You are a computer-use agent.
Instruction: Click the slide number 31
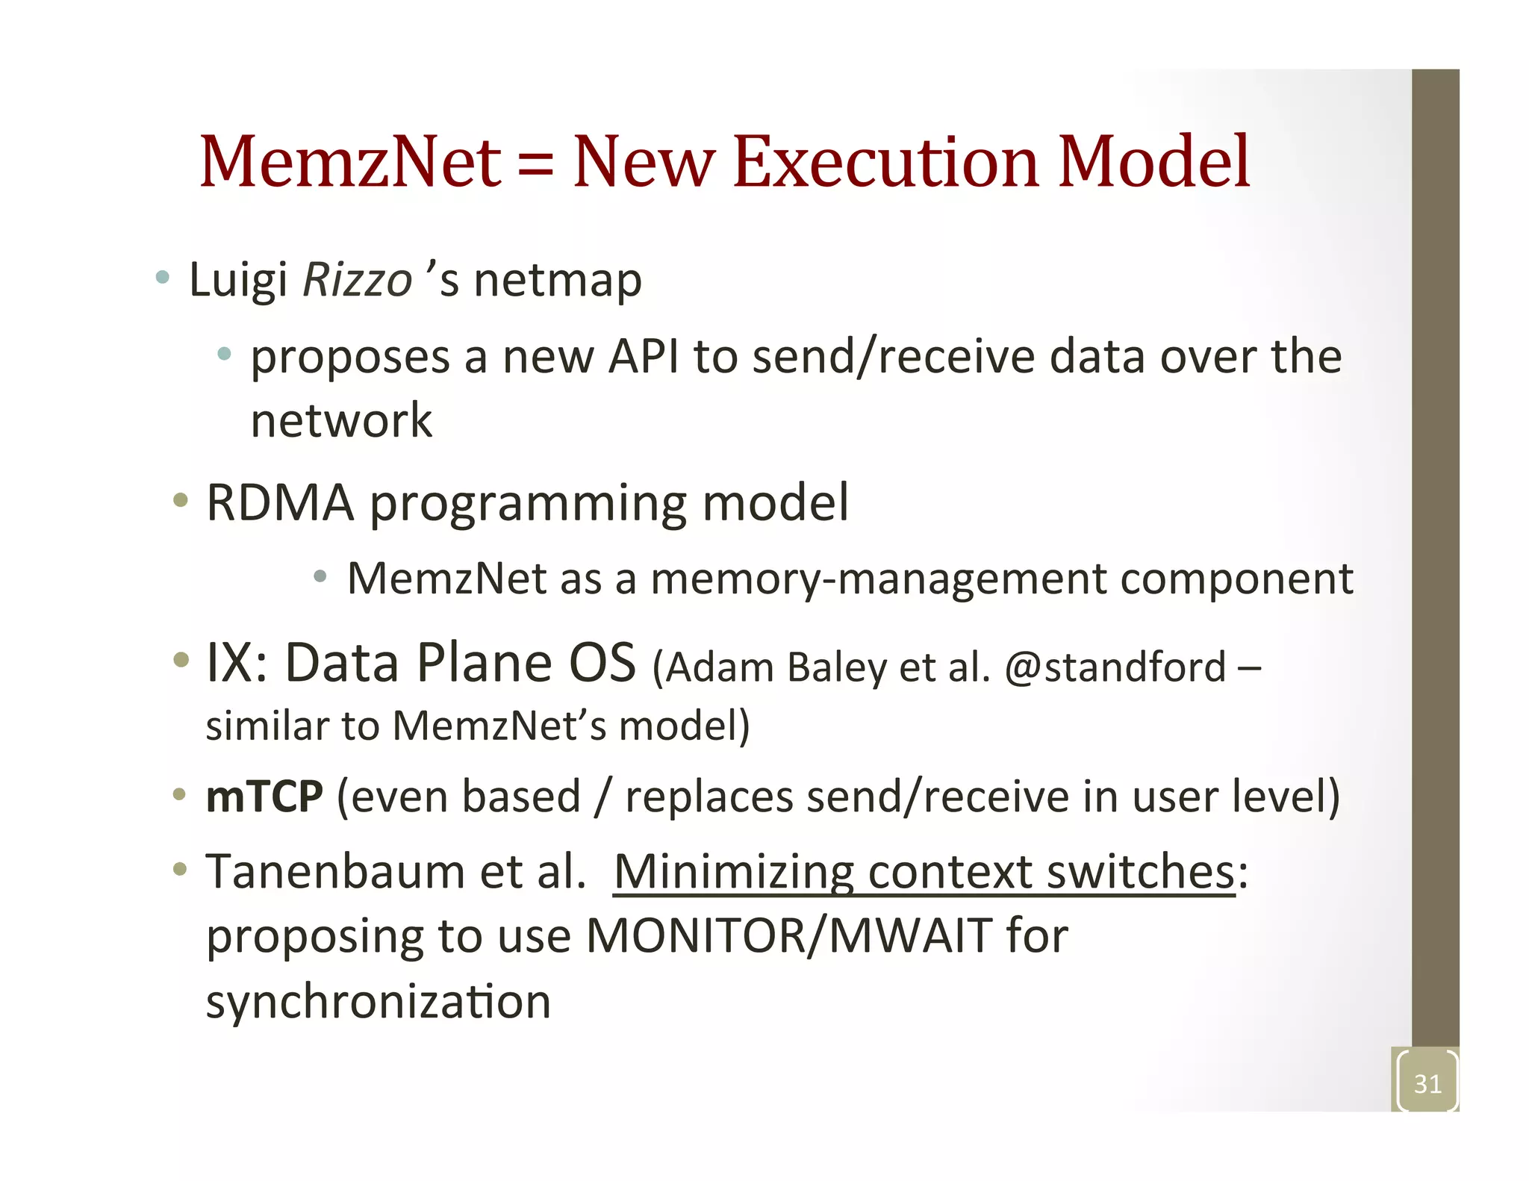(x=1427, y=1083)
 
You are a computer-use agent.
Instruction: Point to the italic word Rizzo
(x=358, y=280)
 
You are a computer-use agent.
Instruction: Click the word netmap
(x=558, y=281)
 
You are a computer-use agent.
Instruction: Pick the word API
(x=644, y=356)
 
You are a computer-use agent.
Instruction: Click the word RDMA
(x=280, y=502)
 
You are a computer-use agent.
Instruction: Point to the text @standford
(x=1115, y=667)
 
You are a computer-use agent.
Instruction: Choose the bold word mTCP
(x=264, y=797)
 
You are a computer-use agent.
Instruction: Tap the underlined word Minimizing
(x=733, y=873)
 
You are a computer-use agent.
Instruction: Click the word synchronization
(x=379, y=1001)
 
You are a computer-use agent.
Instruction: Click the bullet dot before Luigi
(x=162, y=278)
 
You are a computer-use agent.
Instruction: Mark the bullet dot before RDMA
(x=180, y=500)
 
